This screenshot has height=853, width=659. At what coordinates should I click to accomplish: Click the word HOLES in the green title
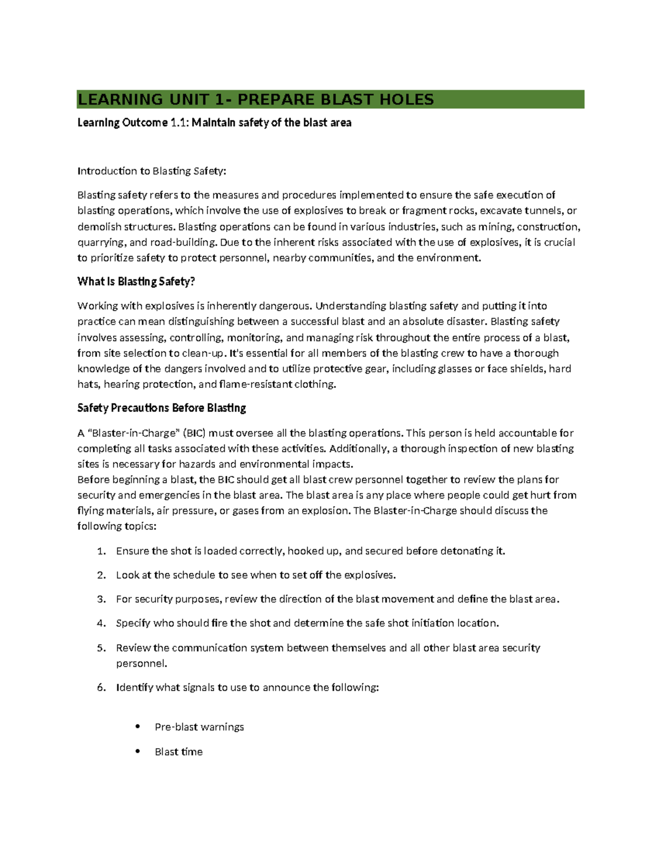[406, 99]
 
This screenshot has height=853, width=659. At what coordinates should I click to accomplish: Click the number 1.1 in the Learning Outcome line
[179, 122]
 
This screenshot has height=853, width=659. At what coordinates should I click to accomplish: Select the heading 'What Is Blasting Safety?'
[136, 282]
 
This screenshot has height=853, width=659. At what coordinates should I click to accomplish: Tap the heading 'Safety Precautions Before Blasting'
[161, 408]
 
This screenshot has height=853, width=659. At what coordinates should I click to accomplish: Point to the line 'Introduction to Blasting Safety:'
[152, 171]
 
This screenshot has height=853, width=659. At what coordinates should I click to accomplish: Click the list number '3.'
[101, 599]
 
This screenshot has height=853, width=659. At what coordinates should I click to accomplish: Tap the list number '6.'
[101, 688]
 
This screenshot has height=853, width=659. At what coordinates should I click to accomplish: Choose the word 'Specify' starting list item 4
[132, 623]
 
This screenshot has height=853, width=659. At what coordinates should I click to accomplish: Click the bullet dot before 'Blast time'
[138, 751]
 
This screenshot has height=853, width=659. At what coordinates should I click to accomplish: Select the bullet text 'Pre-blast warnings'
[199, 727]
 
